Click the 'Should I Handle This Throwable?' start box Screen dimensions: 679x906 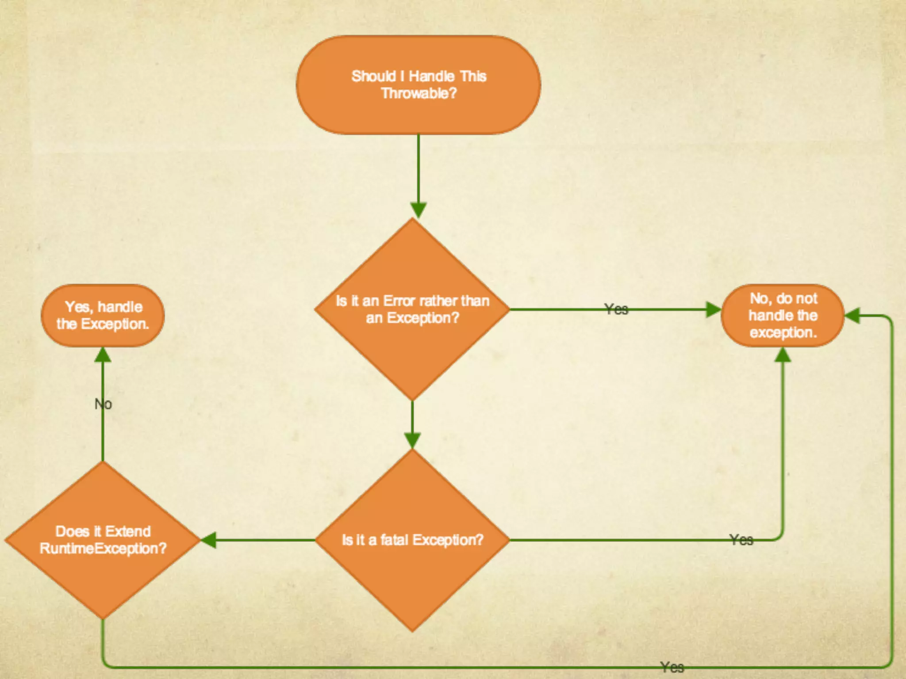click(418, 84)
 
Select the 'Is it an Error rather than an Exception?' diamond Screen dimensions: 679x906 click(412, 309)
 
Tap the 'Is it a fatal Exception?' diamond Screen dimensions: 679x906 click(412, 540)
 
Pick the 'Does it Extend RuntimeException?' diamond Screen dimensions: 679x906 click(103, 540)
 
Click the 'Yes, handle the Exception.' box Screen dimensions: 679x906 click(103, 315)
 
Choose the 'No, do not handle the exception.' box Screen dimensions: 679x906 click(783, 315)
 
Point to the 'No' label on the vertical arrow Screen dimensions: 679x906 click(103, 404)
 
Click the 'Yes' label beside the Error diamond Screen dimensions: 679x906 click(616, 309)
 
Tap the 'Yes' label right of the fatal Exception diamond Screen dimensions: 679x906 click(741, 539)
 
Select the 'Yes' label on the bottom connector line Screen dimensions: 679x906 click(672, 667)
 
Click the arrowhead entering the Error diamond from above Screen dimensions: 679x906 click(418, 210)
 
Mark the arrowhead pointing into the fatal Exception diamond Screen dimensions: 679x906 click(412, 440)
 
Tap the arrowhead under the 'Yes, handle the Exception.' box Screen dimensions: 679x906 click(103, 355)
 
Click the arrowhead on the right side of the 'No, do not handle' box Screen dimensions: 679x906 click(852, 316)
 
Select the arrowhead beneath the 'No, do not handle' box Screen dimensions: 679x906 click(783, 355)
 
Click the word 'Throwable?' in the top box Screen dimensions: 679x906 click(418, 93)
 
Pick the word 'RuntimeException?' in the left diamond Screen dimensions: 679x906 click(103, 549)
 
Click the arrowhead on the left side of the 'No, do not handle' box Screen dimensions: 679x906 click(713, 309)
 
